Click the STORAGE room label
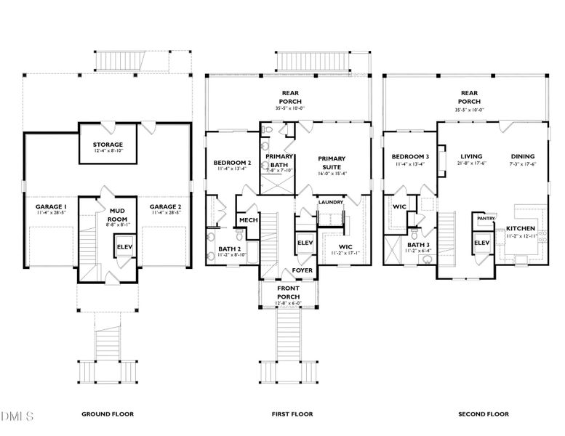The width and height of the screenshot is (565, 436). [107, 144]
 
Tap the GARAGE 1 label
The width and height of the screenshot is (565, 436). [51, 207]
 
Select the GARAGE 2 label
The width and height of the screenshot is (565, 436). [165, 207]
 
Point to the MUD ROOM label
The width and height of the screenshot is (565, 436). [117, 214]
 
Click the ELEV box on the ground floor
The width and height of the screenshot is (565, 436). [124, 248]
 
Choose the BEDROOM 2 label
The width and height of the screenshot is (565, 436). [232, 162]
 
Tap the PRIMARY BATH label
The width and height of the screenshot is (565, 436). [279, 161]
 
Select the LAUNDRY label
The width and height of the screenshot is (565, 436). [330, 201]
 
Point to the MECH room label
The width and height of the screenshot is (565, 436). [248, 219]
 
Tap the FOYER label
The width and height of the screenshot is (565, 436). [302, 270]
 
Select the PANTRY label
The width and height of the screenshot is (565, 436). [485, 218]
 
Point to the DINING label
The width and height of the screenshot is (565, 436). [522, 156]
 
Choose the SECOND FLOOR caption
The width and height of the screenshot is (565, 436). [483, 414]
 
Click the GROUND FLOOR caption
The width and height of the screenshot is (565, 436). [107, 414]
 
